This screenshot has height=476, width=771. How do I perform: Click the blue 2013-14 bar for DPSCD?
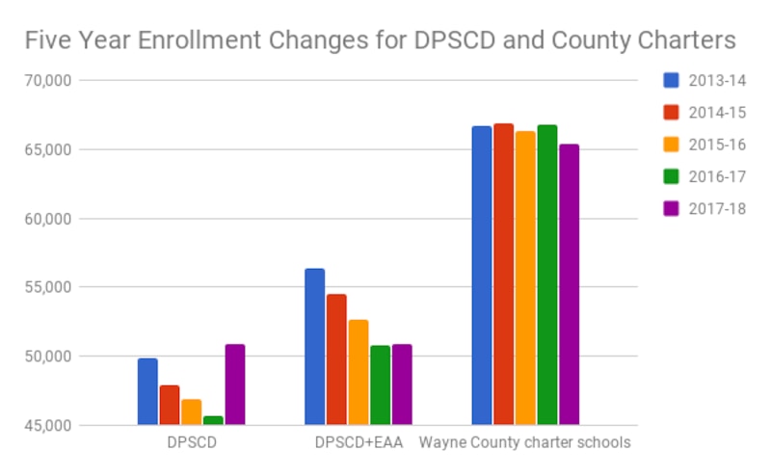click(147, 391)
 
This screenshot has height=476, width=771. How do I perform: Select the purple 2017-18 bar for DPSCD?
click(234, 384)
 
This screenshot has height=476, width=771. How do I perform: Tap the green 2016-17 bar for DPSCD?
click(213, 420)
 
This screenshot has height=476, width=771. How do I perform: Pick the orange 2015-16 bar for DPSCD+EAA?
click(359, 372)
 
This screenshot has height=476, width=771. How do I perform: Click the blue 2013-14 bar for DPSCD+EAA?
click(314, 346)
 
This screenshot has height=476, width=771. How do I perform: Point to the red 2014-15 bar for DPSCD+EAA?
click(336, 359)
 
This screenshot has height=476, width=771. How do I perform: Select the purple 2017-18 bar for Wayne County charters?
click(569, 284)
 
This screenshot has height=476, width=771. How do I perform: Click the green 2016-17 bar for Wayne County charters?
click(546, 275)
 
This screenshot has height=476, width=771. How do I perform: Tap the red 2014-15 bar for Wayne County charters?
click(503, 274)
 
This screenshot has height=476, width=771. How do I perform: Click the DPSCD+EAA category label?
click(359, 444)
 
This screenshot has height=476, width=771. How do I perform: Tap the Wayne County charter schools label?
click(524, 444)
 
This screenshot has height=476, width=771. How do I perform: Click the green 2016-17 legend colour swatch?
click(672, 176)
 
